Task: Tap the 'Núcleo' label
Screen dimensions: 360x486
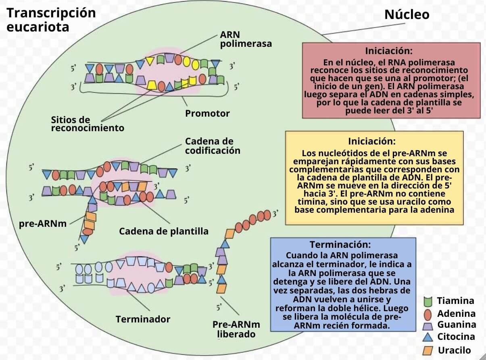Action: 407,15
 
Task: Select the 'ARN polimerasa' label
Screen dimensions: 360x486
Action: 246,40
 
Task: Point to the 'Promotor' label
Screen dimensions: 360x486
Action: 207,113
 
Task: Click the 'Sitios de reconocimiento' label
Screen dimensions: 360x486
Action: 88,124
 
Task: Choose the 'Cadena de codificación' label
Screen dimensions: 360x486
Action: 213,146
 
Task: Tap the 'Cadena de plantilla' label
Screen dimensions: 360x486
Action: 164,231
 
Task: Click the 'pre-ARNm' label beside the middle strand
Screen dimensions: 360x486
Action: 43,223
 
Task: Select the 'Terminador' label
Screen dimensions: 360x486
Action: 143,319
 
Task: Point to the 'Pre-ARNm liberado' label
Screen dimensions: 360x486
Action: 236,329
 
